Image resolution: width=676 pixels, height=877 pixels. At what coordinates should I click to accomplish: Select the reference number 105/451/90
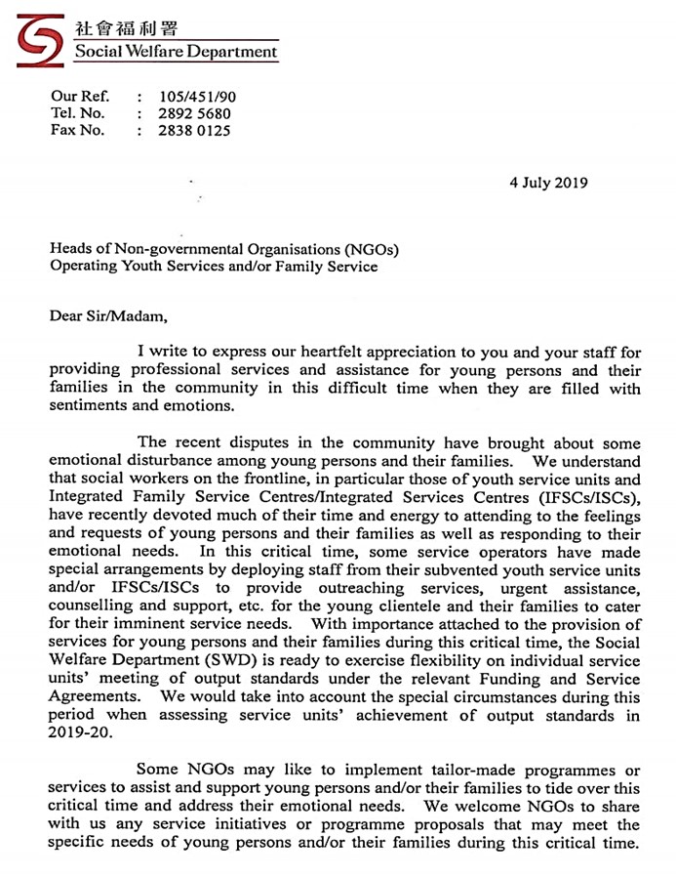tap(197, 97)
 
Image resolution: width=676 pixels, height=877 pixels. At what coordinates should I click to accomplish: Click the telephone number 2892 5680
tap(195, 113)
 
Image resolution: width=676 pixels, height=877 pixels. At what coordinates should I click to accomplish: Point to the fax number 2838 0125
tap(195, 130)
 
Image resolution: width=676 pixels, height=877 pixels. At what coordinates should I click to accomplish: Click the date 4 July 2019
tap(548, 183)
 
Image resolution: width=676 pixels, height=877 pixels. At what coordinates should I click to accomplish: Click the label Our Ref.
tap(80, 97)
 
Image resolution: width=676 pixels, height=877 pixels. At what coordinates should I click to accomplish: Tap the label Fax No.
tap(78, 130)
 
